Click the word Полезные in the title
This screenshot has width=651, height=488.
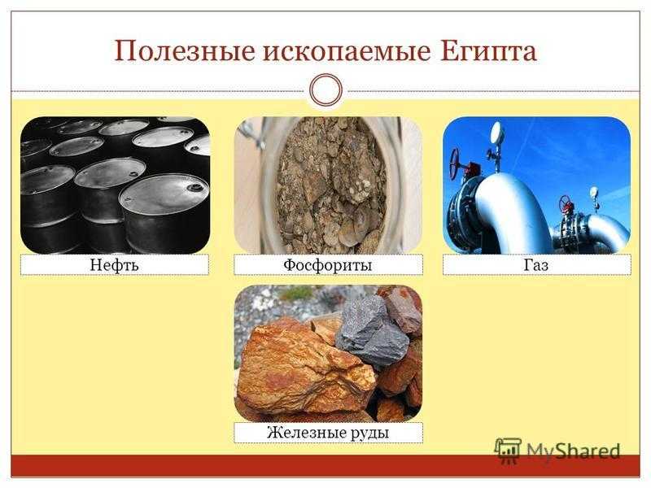(x=184, y=52)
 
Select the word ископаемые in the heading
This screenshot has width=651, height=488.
(x=346, y=52)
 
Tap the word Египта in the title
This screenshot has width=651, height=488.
(x=487, y=52)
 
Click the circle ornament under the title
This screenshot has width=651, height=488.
(x=326, y=90)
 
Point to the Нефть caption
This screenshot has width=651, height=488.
(x=114, y=265)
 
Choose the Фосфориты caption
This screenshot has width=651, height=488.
(x=328, y=265)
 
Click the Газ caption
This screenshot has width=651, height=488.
(x=536, y=265)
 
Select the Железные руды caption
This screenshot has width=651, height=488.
(x=328, y=433)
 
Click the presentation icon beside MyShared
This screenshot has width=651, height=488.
(x=508, y=450)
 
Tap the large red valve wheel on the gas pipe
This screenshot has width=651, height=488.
(x=456, y=163)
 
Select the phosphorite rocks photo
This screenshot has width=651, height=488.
(x=328, y=185)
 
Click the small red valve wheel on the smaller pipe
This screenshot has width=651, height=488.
(x=565, y=203)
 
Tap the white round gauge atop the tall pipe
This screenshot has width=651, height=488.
(x=496, y=133)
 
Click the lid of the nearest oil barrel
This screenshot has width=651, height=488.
(x=164, y=194)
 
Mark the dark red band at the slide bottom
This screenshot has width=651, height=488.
(x=325, y=465)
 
